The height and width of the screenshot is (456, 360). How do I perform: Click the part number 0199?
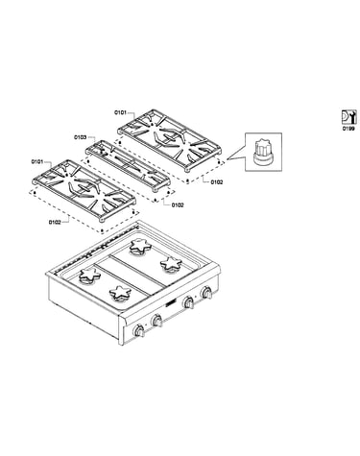click(x=348, y=129)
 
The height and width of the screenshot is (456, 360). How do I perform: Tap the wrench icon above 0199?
click(x=348, y=117)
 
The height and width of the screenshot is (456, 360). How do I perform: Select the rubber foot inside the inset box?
click(x=263, y=152)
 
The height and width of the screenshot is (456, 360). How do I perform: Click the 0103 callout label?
click(x=81, y=137)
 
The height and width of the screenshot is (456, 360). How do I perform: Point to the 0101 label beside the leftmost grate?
click(x=37, y=161)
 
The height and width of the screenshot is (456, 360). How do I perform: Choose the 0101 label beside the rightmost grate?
click(x=120, y=112)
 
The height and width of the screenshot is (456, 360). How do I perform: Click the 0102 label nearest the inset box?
click(x=217, y=182)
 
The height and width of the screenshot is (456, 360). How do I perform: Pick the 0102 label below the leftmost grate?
click(x=55, y=222)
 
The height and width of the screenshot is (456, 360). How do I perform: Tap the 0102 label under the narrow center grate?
click(x=178, y=204)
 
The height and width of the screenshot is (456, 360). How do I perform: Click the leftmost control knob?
click(x=139, y=330)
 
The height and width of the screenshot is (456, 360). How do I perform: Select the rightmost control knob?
click(x=206, y=293)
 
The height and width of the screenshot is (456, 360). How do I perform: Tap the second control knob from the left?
click(x=156, y=321)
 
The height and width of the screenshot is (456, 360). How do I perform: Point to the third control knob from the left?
click(x=188, y=302)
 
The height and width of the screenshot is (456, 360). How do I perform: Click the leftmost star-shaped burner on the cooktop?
click(x=90, y=276)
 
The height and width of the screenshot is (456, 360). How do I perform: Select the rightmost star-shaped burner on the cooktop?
click(x=171, y=264)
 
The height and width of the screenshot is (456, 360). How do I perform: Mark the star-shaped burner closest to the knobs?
click(x=120, y=293)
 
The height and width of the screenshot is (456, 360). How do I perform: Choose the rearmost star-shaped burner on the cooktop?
click(x=140, y=247)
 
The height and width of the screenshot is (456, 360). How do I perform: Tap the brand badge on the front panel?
click(x=170, y=303)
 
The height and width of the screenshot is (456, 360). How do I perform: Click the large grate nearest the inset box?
click(x=169, y=140)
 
